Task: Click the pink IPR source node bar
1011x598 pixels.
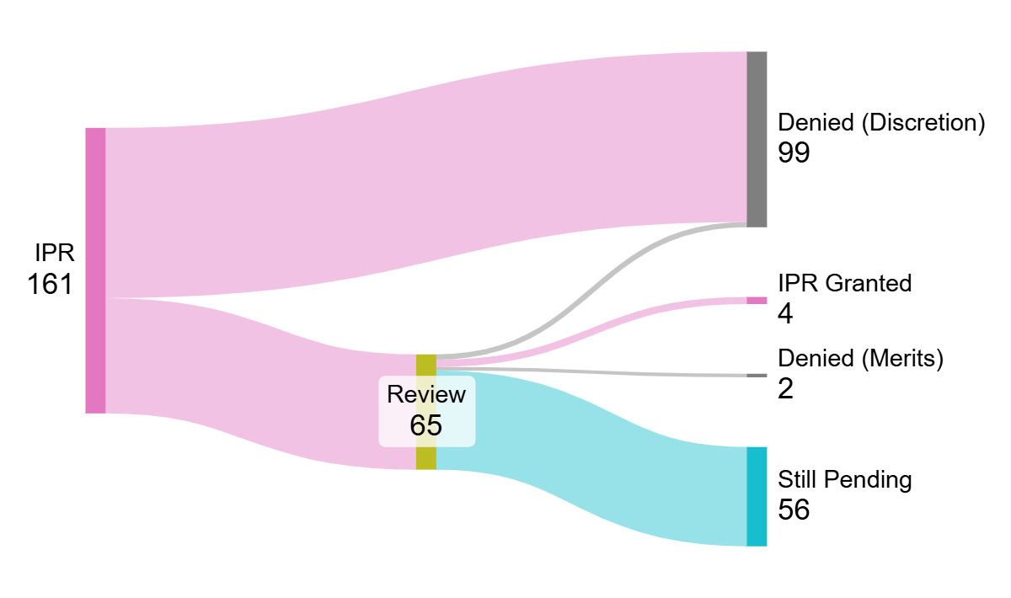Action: [x=95, y=270]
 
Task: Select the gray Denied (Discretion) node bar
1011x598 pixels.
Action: [x=757, y=139]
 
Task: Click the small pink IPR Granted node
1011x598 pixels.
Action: [x=757, y=301]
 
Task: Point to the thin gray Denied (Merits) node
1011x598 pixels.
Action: [x=757, y=376]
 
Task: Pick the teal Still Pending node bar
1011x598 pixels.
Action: [x=757, y=497]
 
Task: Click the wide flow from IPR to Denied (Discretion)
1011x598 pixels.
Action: [x=421, y=168]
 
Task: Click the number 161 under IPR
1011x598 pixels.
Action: [x=50, y=285]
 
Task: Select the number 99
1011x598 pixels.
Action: [x=794, y=154]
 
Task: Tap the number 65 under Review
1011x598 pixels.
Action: [x=426, y=425]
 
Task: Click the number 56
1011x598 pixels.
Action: [x=794, y=510]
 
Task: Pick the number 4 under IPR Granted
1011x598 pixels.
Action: [x=786, y=314]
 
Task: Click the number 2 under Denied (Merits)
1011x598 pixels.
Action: [x=786, y=389]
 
